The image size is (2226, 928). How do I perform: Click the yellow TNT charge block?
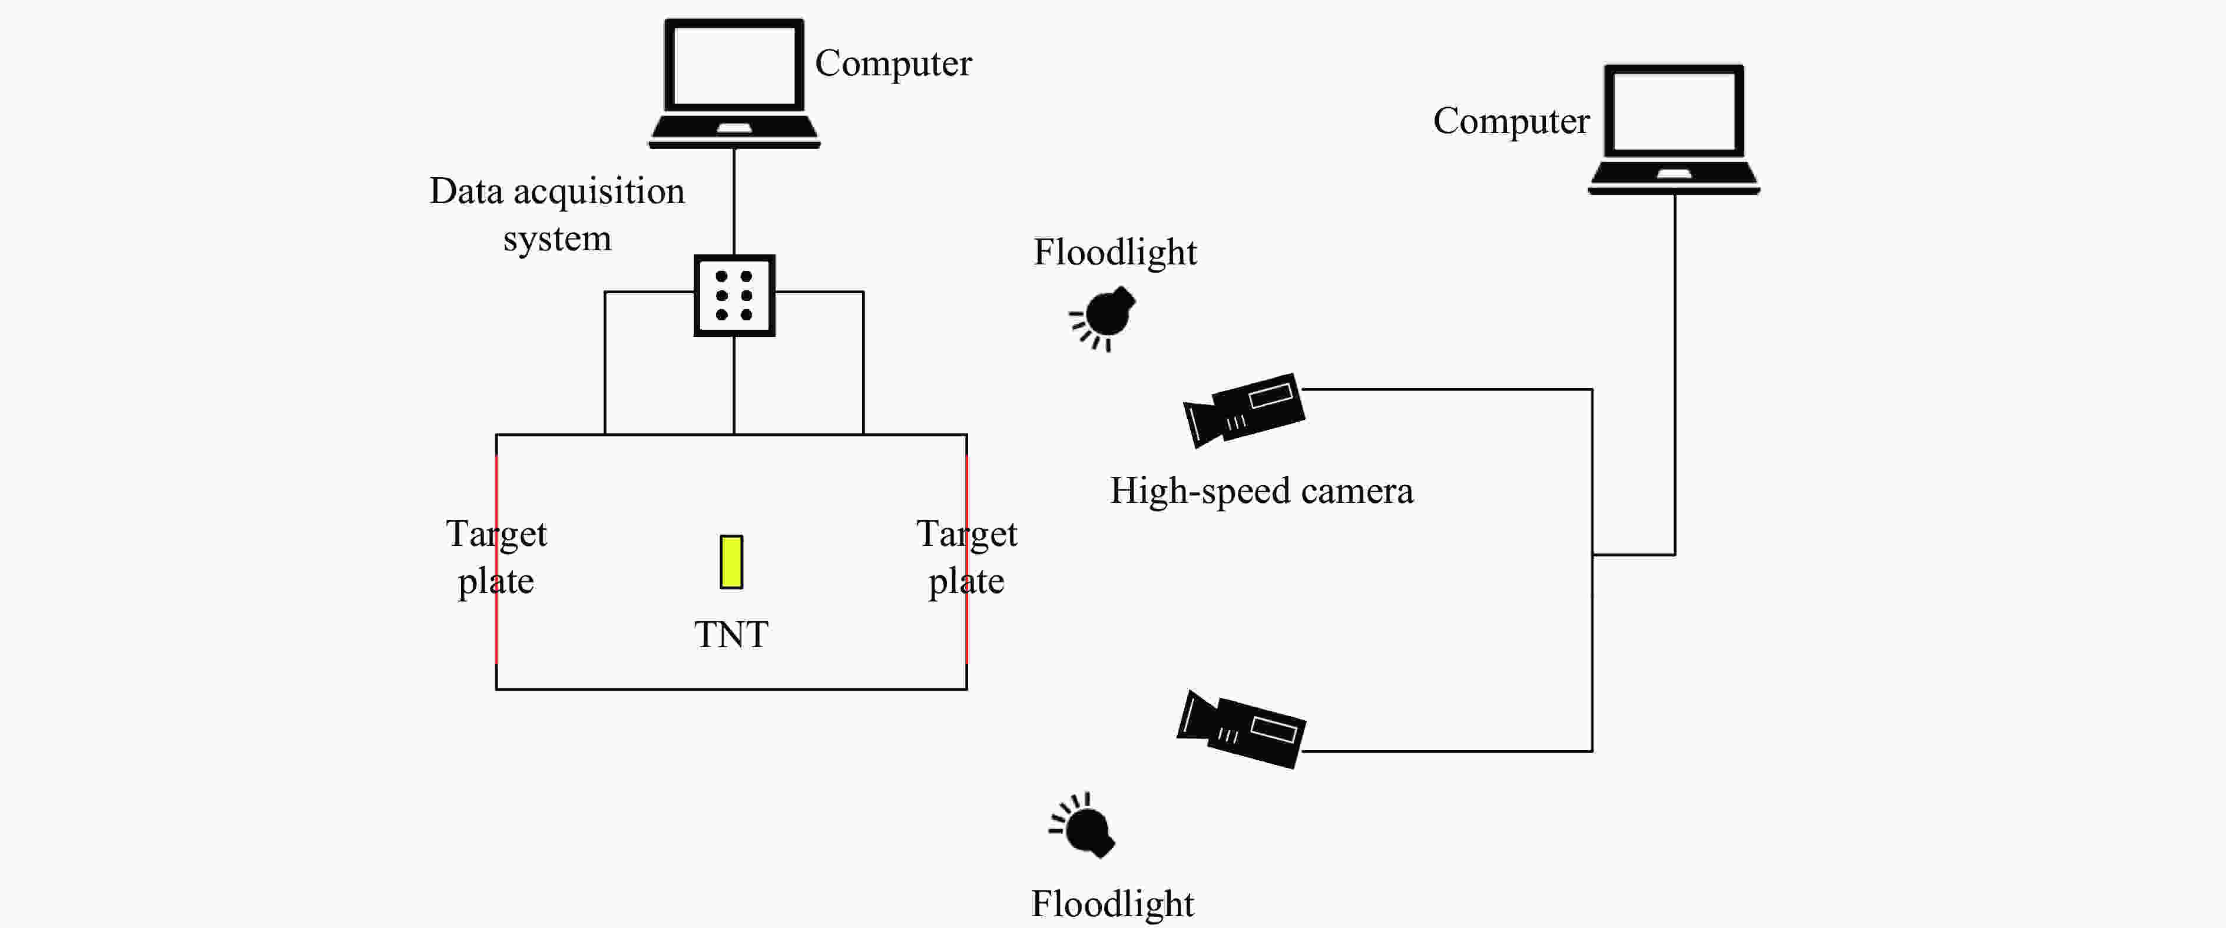click(731, 562)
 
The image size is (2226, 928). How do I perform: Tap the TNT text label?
click(731, 635)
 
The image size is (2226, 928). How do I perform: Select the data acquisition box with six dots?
click(734, 296)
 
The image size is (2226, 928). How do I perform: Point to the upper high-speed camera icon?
click(1244, 410)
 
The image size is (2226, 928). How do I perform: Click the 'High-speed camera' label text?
click(1261, 490)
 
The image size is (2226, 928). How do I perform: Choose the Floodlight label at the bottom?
click(1112, 904)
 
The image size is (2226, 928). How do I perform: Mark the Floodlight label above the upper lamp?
click(1115, 252)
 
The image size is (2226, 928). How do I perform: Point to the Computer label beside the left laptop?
click(893, 63)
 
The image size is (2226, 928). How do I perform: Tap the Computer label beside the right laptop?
click(1510, 121)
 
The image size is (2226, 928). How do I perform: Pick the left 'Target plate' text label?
click(496, 556)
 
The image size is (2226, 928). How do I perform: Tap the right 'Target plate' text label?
click(966, 556)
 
